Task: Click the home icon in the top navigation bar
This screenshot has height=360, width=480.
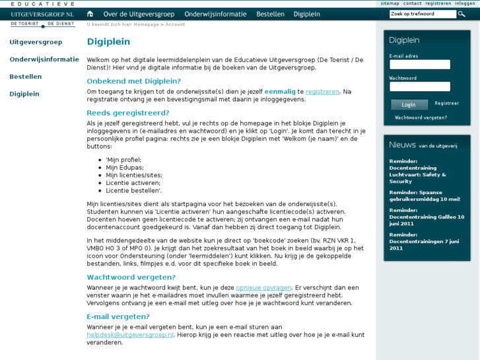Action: point(90,14)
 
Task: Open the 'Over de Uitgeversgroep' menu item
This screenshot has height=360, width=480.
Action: point(138,14)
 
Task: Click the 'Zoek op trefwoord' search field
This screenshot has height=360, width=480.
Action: point(423,14)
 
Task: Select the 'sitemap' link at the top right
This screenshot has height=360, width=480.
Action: point(390,3)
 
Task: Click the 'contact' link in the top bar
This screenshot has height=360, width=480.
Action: point(413,3)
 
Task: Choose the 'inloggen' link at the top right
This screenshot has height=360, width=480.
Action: point(465,3)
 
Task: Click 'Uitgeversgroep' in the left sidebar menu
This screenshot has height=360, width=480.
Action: point(36,42)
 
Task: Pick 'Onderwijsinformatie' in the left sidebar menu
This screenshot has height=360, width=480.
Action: point(44,59)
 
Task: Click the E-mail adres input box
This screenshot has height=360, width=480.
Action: point(420,65)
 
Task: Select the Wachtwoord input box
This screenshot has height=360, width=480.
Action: point(420,87)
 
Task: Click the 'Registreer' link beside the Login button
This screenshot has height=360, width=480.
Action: point(446,104)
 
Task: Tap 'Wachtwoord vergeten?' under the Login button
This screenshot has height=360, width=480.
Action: point(421,118)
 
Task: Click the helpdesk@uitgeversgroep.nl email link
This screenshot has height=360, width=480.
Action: point(130,335)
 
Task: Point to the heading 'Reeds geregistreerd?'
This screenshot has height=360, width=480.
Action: point(128,113)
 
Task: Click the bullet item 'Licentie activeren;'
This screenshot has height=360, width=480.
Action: point(133,182)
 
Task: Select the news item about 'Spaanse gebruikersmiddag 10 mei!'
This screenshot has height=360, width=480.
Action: point(425,196)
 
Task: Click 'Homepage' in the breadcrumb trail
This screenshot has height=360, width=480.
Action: point(147,24)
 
